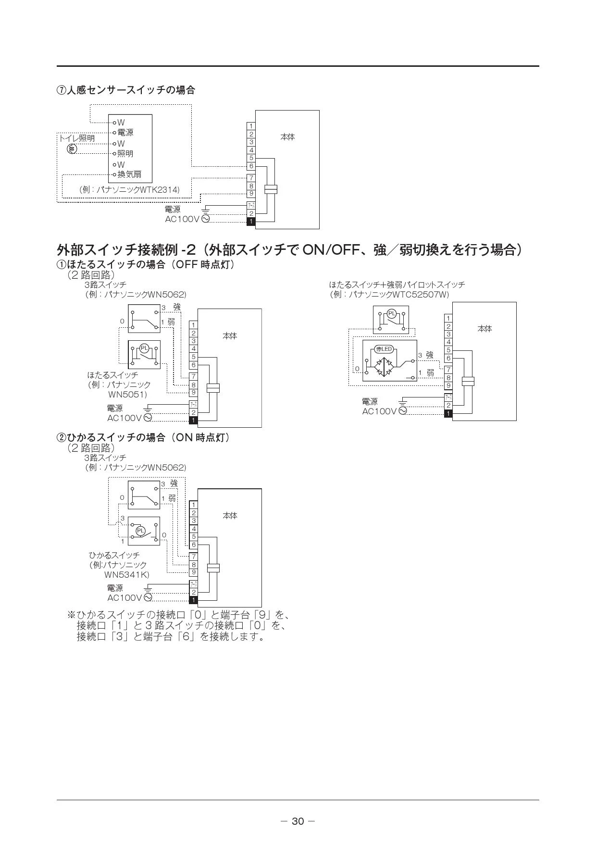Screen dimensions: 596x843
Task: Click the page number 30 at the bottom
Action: (298, 821)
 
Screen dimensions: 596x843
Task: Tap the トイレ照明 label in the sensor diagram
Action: (77, 138)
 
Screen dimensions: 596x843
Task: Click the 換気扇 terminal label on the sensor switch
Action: (129, 174)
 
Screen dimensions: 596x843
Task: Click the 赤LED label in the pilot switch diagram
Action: (384, 349)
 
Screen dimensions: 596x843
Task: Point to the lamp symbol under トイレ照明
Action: (72, 149)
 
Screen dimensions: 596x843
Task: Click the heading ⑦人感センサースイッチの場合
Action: (126, 90)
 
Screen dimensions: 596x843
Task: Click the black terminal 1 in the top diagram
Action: (251, 222)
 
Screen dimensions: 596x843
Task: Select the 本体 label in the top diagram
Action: (287, 137)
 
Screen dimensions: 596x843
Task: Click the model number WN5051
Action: (127, 395)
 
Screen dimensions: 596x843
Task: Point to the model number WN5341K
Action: (127, 574)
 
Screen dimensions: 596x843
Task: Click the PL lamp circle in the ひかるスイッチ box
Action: (140, 531)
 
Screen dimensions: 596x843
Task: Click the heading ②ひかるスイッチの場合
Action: (143, 438)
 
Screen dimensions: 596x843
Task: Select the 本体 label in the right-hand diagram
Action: (484, 329)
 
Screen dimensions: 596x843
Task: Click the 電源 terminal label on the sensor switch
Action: (125, 133)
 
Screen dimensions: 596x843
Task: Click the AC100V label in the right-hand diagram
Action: (379, 411)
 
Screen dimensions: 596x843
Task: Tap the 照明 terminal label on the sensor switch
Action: (125, 154)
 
